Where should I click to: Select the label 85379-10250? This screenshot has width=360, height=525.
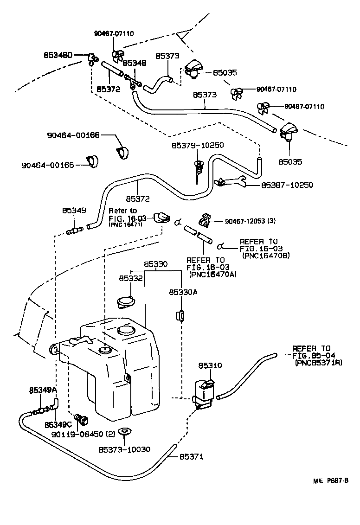tap(198, 145)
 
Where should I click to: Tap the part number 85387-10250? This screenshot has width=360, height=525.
tap(287, 185)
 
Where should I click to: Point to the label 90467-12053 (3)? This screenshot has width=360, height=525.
tap(250, 221)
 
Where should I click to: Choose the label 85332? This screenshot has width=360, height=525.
tap(130, 278)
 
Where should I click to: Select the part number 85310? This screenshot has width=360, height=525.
tap(210, 365)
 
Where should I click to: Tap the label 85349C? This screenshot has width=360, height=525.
tap(58, 424)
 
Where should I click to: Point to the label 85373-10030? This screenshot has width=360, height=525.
tap(124, 450)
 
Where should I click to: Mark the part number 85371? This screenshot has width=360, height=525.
tap(191, 457)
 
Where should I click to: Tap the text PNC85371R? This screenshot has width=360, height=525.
tap(318, 363)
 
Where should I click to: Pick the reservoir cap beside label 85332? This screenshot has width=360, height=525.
tap(126, 301)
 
